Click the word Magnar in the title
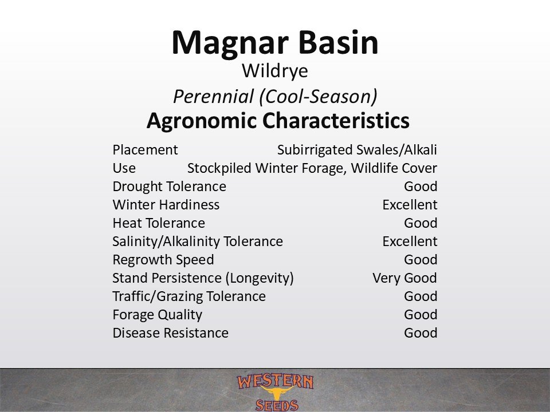230,43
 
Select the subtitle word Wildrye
274,72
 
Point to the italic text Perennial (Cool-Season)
275,96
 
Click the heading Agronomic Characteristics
278,121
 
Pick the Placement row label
145,150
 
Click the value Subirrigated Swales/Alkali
357,150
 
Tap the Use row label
124,168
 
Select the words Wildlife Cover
394,168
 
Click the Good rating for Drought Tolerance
421,187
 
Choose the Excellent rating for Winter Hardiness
410,205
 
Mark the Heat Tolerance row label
159,223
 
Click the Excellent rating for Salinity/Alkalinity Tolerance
410,241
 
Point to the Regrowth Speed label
163,260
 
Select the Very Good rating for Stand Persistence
405,278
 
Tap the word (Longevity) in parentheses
260,278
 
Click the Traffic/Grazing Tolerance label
189,296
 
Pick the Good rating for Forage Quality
421,315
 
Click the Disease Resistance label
171,333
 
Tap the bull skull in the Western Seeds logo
277,393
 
